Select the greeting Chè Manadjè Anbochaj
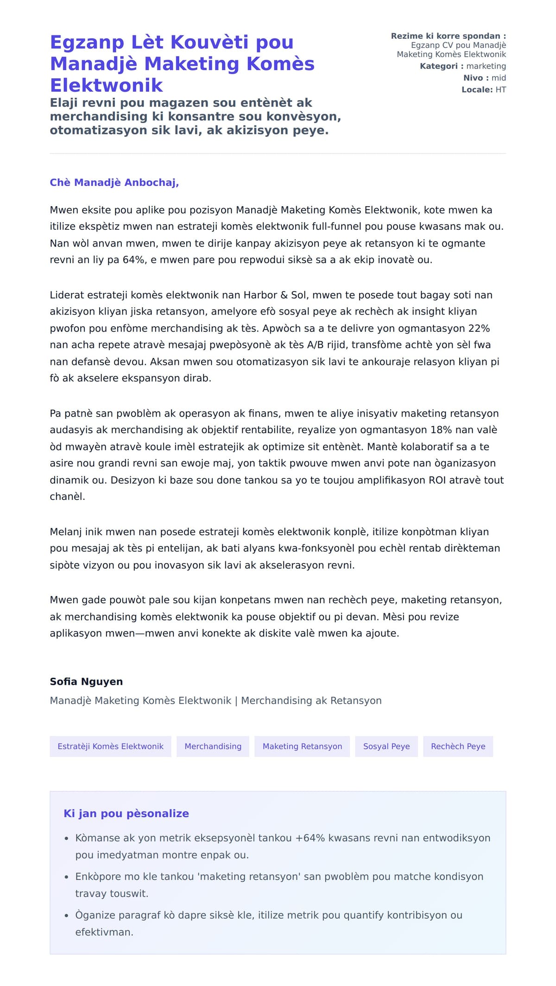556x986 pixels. [x=114, y=183]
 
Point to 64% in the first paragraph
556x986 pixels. [x=134, y=260]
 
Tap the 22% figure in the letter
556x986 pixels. [x=479, y=329]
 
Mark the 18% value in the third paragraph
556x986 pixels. [x=441, y=430]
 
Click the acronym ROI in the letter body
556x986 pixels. [x=437, y=480]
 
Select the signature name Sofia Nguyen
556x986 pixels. [x=86, y=682]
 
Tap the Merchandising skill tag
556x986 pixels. [x=213, y=746]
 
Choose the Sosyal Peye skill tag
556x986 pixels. [x=386, y=746]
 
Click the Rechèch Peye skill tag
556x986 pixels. [x=458, y=746]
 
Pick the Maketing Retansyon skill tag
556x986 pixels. [x=302, y=746]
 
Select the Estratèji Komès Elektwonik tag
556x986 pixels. [x=110, y=746]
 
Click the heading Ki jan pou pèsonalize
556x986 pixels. [x=126, y=814]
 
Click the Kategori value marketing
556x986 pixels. [x=486, y=66]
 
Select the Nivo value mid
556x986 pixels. [x=499, y=78]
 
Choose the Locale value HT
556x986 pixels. [x=500, y=90]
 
